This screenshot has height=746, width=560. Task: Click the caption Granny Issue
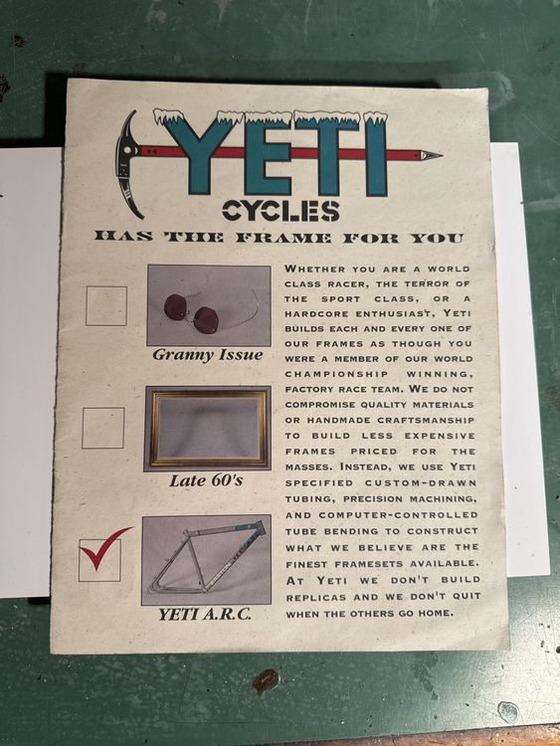coord(208,355)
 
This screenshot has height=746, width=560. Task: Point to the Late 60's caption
coord(206,480)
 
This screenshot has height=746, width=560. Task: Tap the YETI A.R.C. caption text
coord(205,615)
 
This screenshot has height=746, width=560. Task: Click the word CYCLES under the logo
coord(280,211)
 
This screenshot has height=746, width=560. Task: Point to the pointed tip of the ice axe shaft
coord(442,154)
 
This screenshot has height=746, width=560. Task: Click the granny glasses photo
coord(209,305)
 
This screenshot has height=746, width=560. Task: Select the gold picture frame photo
coord(208,428)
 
